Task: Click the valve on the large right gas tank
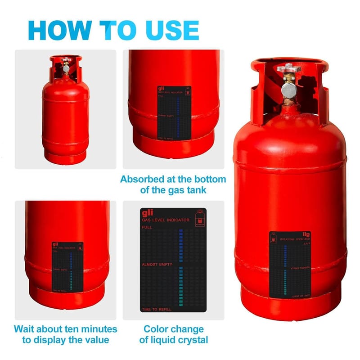coord(288,85)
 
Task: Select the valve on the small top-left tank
coord(66,67)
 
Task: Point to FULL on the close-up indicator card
coord(147,228)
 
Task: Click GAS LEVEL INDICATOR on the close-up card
coord(165,220)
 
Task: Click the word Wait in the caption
coord(26,329)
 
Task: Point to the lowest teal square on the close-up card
coord(180,305)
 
